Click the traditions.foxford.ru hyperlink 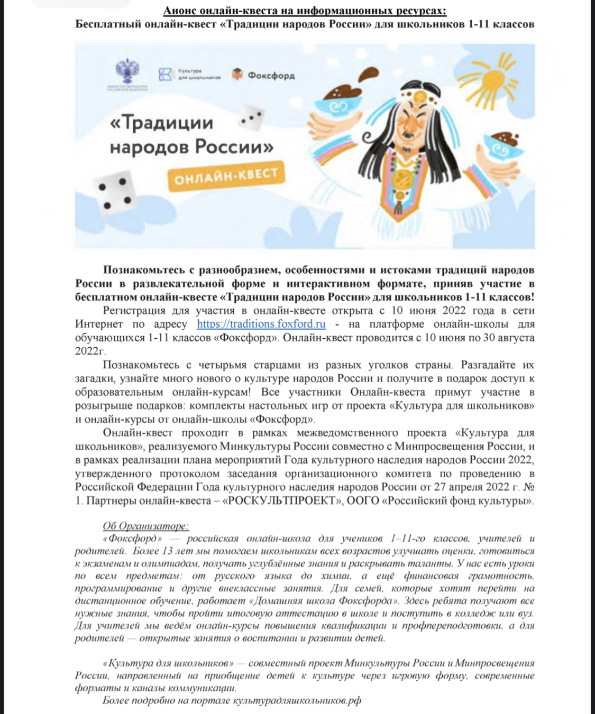pos(261,324)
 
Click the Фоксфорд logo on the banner pos(263,76)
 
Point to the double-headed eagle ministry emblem pos(127,71)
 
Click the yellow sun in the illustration pos(497,84)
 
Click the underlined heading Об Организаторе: pos(145,526)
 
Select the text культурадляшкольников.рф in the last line pos(297,701)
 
